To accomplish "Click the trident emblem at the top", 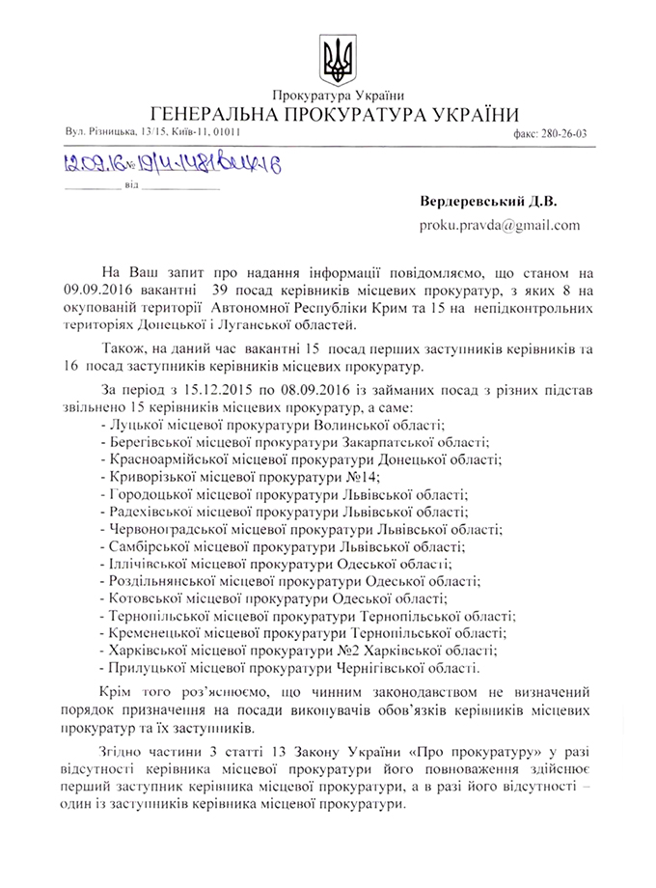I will coord(338,59).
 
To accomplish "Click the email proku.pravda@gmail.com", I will coord(499,226).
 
